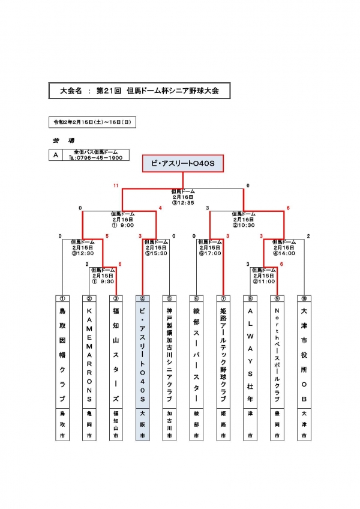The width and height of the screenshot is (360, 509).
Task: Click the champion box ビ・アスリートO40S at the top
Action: (182, 164)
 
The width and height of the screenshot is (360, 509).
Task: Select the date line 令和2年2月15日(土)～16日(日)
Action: (92, 122)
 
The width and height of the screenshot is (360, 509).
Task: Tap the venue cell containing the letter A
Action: (56, 155)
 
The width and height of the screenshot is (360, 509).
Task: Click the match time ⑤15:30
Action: (156, 253)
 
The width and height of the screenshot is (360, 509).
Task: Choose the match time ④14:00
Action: (284, 253)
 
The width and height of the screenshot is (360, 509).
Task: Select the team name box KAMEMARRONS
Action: (89, 354)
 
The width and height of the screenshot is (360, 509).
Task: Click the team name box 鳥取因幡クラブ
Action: (62, 354)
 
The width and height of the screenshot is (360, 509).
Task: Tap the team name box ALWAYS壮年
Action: (250, 354)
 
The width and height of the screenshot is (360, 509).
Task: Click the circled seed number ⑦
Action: (223, 298)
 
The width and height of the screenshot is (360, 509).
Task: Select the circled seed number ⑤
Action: (169, 298)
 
